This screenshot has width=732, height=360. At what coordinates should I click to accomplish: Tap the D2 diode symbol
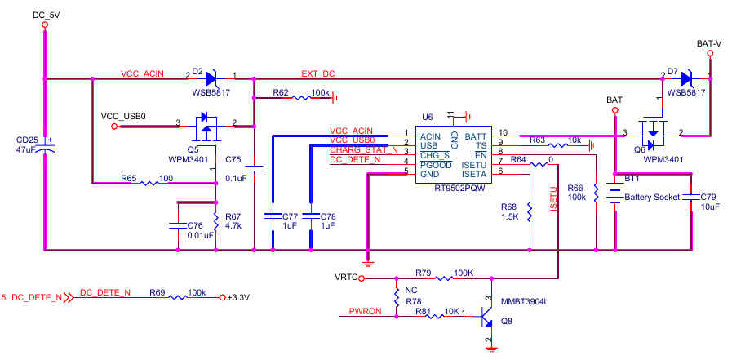(211, 78)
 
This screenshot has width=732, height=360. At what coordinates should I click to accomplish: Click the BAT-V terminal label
(708, 43)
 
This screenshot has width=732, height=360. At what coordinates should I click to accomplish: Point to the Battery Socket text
(651, 198)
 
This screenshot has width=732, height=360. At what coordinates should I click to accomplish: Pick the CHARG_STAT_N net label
(363, 149)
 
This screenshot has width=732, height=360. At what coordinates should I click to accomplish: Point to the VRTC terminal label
(346, 278)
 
